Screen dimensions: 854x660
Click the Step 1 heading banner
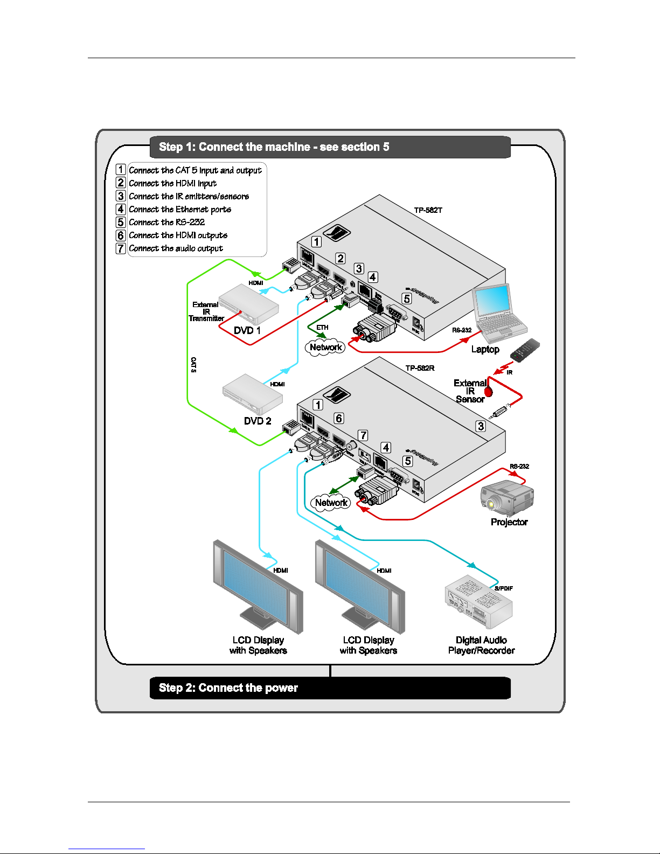pyautogui.click(x=330, y=147)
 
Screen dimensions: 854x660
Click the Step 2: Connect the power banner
pyautogui.click(x=330, y=688)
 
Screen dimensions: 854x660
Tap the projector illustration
pyautogui.click(x=506, y=497)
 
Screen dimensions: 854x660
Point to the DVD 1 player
pyautogui.click(x=249, y=304)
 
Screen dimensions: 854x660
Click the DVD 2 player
pyautogui.click(x=253, y=394)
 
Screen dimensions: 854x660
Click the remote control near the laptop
pyautogui.click(x=525, y=350)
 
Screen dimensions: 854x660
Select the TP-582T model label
pyautogui.click(x=428, y=210)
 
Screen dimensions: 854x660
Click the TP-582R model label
pyautogui.click(x=420, y=368)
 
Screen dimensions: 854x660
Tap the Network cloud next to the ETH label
pyautogui.click(x=326, y=348)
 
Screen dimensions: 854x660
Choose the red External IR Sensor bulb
pyautogui.click(x=489, y=392)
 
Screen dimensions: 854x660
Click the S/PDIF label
pyautogui.click(x=504, y=588)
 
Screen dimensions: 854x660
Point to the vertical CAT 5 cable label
pyautogui.click(x=193, y=365)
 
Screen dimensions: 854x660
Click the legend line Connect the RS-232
pyautogui.click(x=166, y=222)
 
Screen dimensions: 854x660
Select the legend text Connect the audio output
pyautogui.click(x=176, y=248)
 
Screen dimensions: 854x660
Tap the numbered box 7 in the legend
pyautogui.click(x=121, y=248)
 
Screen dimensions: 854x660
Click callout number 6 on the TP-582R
pyautogui.click(x=339, y=418)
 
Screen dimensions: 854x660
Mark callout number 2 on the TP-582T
pyautogui.click(x=341, y=258)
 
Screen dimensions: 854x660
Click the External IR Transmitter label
pyautogui.click(x=206, y=311)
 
